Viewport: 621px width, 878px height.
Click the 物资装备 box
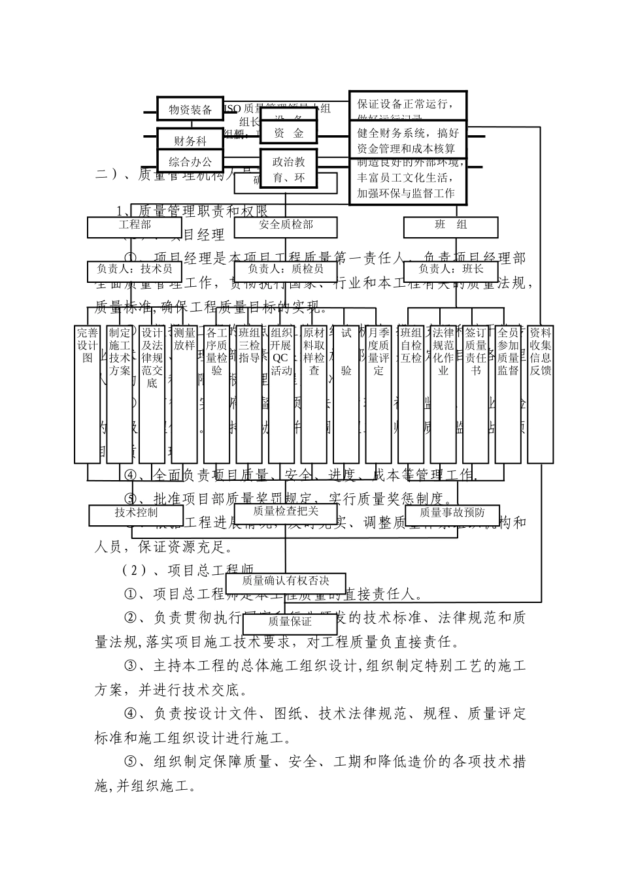(190, 109)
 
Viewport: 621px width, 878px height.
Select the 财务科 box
(190, 140)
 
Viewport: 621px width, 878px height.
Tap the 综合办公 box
(190, 161)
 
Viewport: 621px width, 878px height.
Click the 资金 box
(288, 133)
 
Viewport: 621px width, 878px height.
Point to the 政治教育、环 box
(288, 169)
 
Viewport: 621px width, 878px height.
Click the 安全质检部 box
(286, 226)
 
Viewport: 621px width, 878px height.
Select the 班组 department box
(450, 226)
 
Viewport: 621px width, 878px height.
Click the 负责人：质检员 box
(286, 270)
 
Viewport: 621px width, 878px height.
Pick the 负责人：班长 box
(450, 270)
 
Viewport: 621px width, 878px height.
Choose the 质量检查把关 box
(286, 513)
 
